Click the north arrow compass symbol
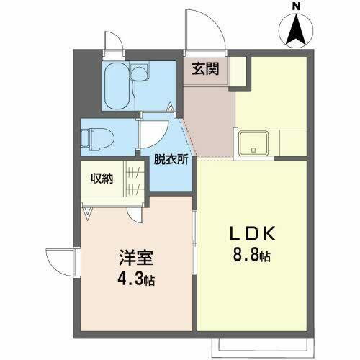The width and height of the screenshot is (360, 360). (295, 31)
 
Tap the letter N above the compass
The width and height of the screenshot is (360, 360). (295, 6)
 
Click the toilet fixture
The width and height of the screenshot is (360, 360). (94, 136)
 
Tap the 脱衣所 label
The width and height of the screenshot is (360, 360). (171, 161)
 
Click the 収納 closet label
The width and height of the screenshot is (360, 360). (102, 179)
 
